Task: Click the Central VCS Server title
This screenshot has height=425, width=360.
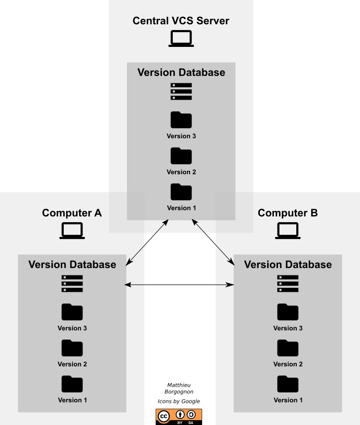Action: (181, 21)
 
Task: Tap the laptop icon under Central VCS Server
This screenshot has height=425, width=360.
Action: (181, 39)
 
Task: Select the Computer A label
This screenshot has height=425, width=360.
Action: (72, 213)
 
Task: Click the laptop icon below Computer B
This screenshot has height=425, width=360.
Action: (288, 231)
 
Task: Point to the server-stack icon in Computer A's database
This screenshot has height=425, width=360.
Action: (72, 284)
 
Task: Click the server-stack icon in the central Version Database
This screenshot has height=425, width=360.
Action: (181, 92)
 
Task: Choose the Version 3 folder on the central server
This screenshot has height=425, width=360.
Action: (181, 120)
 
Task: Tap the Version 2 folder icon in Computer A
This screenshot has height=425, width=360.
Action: (72, 348)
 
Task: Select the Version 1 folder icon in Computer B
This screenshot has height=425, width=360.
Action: (288, 384)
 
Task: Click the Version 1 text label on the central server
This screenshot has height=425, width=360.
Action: (181, 208)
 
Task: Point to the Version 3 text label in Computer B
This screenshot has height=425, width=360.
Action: (288, 328)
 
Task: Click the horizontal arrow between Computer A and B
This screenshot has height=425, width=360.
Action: (180, 284)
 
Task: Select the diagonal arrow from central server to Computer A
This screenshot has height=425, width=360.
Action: (147, 242)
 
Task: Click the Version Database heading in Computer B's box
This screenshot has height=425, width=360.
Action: (288, 265)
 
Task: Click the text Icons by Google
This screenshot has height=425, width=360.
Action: (179, 401)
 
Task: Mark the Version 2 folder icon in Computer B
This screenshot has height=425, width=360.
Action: (288, 348)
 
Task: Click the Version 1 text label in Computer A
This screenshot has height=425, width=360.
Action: (72, 400)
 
